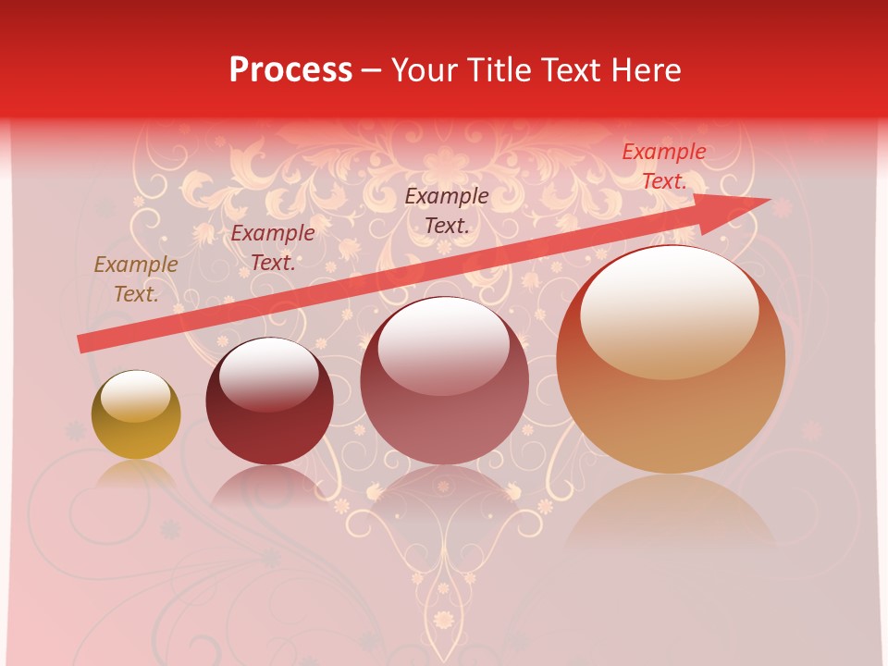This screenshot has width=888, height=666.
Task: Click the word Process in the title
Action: (x=290, y=70)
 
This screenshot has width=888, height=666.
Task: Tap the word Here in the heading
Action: (x=645, y=70)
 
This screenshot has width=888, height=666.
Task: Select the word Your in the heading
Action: (x=424, y=70)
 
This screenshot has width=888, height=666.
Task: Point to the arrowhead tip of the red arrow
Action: (x=769, y=200)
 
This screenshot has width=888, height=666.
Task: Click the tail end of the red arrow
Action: (x=81, y=343)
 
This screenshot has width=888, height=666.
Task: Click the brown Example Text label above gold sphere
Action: (x=136, y=279)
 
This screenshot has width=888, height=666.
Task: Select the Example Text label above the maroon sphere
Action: (x=273, y=248)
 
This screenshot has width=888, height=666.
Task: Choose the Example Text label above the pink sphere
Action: (x=447, y=210)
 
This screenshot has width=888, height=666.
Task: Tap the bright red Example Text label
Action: (x=663, y=166)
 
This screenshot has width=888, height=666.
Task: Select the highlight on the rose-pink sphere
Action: (x=443, y=345)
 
